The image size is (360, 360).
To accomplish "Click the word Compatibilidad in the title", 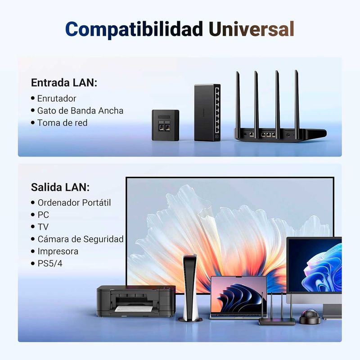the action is tap(134, 30).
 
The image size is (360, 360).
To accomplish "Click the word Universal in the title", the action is tap(252, 29).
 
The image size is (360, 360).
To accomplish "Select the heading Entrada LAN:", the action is tap(64, 83).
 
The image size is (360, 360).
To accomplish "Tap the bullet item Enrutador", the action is tap(57, 99).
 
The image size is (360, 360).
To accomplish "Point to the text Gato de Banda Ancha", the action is tap(80, 111).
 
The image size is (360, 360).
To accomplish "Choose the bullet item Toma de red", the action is tap(62, 123).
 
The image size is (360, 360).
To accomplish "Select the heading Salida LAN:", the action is tap(60, 187).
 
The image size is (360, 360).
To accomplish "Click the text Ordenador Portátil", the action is tap(74, 203).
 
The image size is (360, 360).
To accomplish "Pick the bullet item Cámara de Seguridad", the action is tap(81, 239).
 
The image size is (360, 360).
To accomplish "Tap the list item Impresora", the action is tap(58, 251).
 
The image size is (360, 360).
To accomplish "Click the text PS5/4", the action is tap(50, 263).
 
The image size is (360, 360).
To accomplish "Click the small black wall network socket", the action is tap(165, 125).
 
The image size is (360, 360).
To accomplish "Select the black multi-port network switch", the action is tap(207, 112).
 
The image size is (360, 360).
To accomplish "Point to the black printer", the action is tap(136, 301).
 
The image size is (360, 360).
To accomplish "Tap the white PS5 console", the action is tap(190, 288).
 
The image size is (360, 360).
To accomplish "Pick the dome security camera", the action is tap(310, 317).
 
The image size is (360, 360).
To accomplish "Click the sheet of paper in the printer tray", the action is tap(133, 309).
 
